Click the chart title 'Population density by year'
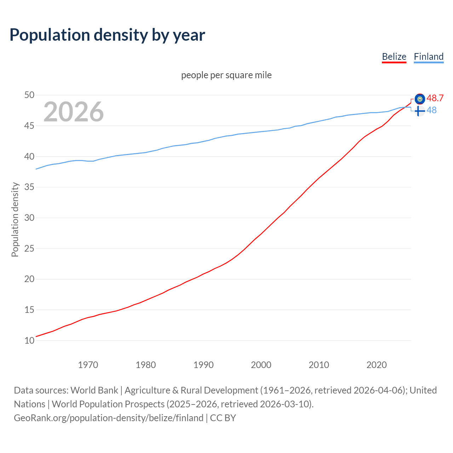click(x=107, y=35)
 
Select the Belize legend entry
click(x=394, y=57)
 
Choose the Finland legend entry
click(x=429, y=57)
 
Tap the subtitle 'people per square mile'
click(x=226, y=75)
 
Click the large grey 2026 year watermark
click(x=74, y=112)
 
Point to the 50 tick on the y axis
click(x=29, y=95)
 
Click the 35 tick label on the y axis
click(x=29, y=187)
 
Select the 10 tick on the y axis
click(x=29, y=340)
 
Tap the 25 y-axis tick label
click(x=29, y=248)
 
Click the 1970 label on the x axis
click(x=88, y=365)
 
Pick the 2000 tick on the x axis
click(x=261, y=365)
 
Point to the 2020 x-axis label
click(x=377, y=365)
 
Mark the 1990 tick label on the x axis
click(x=203, y=365)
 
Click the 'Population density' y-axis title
click(x=15, y=219)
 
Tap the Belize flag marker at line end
click(x=420, y=99)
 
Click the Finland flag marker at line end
click(x=419, y=111)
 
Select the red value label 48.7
click(x=435, y=98)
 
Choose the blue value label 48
click(x=431, y=110)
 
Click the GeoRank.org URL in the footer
click(x=109, y=418)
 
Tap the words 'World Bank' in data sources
click(x=94, y=390)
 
